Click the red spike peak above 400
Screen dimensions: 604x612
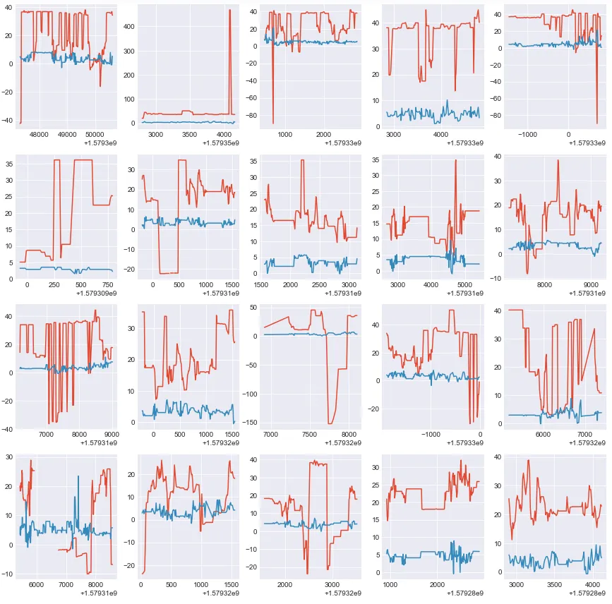click(x=230, y=10)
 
